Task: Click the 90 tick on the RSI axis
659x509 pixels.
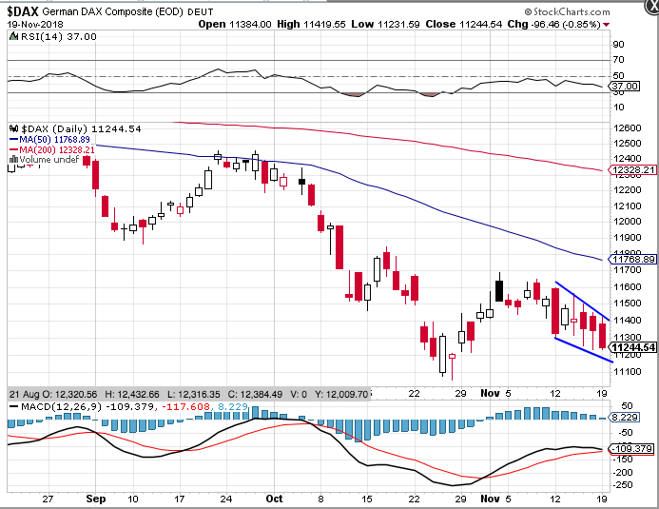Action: [618, 45]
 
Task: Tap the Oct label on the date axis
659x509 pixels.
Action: [274, 497]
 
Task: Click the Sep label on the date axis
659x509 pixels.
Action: [95, 497]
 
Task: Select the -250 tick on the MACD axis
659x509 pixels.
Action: [623, 485]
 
